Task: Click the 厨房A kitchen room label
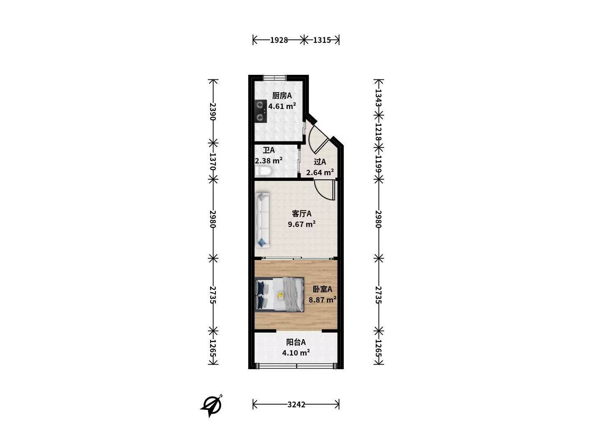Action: click(282, 96)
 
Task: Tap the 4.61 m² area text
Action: click(282, 106)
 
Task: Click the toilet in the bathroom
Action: click(263, 172)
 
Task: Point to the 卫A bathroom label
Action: click(268, 150)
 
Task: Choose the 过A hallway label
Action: click(320, 162)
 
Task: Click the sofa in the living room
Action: click(262, 220)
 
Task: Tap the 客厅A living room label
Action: click(301, 214)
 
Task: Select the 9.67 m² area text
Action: click(301, 224)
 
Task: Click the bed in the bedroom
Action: click(280, 295)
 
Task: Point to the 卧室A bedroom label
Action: click(322, 289)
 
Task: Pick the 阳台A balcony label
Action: click(296, 342)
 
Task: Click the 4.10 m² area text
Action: click(296, 352)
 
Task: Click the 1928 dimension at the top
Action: click(279, 40)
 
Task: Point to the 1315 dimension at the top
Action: click(322, 40)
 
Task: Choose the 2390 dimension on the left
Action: click(213, 111)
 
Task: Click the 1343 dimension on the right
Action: click(379, 98)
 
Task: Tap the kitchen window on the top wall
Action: click(274, 78)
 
